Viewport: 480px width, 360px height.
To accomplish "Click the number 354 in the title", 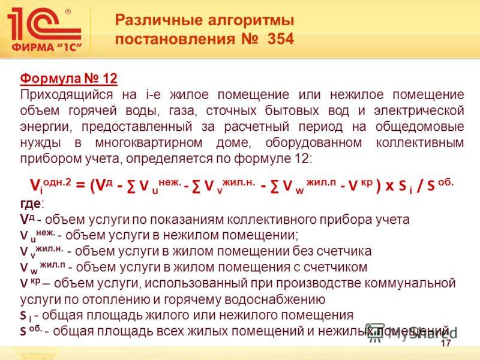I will (278, 40).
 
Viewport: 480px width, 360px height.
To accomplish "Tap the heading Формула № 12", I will (68, 79).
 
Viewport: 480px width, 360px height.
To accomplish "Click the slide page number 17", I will (445, 344).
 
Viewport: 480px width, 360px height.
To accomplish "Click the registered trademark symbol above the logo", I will (67, 11).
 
